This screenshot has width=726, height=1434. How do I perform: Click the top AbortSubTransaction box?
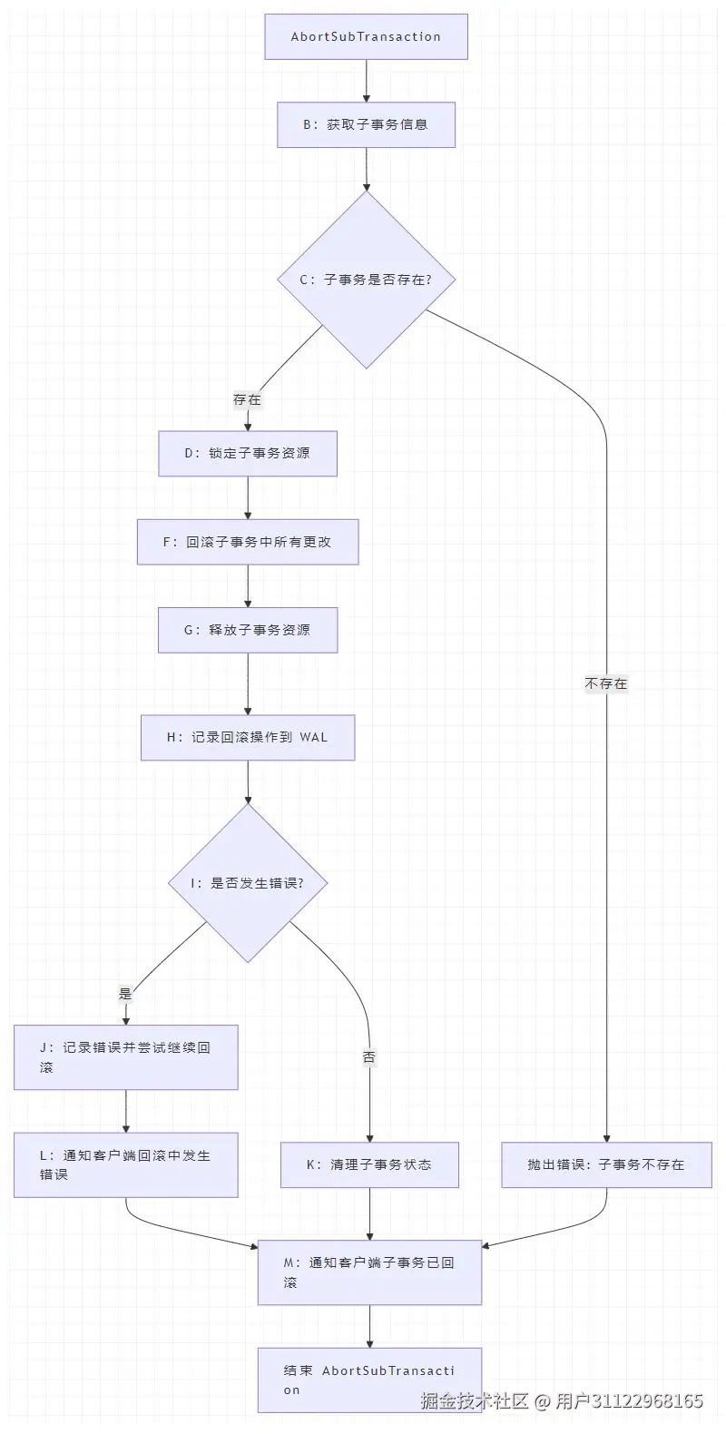pyautogui.click(x=366, y=37)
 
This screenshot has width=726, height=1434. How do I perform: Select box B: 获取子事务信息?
pyautogui.click(x=366, y=124)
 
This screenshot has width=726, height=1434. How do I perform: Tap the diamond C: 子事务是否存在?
pyautogui.click(x=366, y=280)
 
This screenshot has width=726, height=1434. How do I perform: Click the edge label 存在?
pyautogui.click(x=247, y=399)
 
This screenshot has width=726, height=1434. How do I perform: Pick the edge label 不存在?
pyautogui.click(x=606, y=683)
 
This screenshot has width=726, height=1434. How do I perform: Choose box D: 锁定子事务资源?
pyautogui.click(x=248, y=453)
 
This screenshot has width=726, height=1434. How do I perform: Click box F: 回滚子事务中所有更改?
pyautogui.click(x=248, y=542)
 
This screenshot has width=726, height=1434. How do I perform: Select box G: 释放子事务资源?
pyautogui.click(x=248, y=630)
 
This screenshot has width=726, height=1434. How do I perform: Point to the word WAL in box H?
pyautogui.click(x=313, y=738)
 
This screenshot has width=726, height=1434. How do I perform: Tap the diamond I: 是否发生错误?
pyautogui.click(x=248, y=883)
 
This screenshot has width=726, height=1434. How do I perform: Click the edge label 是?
pyautogui.click(x=125, y=994)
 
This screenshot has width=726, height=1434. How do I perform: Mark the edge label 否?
pyautogui.click(x=369, y=1057)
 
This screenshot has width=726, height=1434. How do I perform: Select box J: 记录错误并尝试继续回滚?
pyautogui.click(x=125, y=1057)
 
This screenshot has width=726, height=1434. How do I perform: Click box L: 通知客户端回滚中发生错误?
pyautogui.click(x=125, y=1164)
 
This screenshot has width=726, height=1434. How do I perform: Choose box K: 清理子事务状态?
pyautogui.click(x=369, y=1164)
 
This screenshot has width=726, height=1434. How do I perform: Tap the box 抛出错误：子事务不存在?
pyautogui.click(x=606, y=1164)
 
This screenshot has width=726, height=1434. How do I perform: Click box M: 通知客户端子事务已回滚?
pyautogui.click(x=369, y=1272)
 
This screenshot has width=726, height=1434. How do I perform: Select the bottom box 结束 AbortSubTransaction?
pyautogui.click(x=369, y=1380)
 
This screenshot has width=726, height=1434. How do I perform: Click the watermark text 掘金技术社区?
pyautogui.click(x=474, y=1400)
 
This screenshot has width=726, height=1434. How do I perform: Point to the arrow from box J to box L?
pyautogui.click(x=125, y=1111)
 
